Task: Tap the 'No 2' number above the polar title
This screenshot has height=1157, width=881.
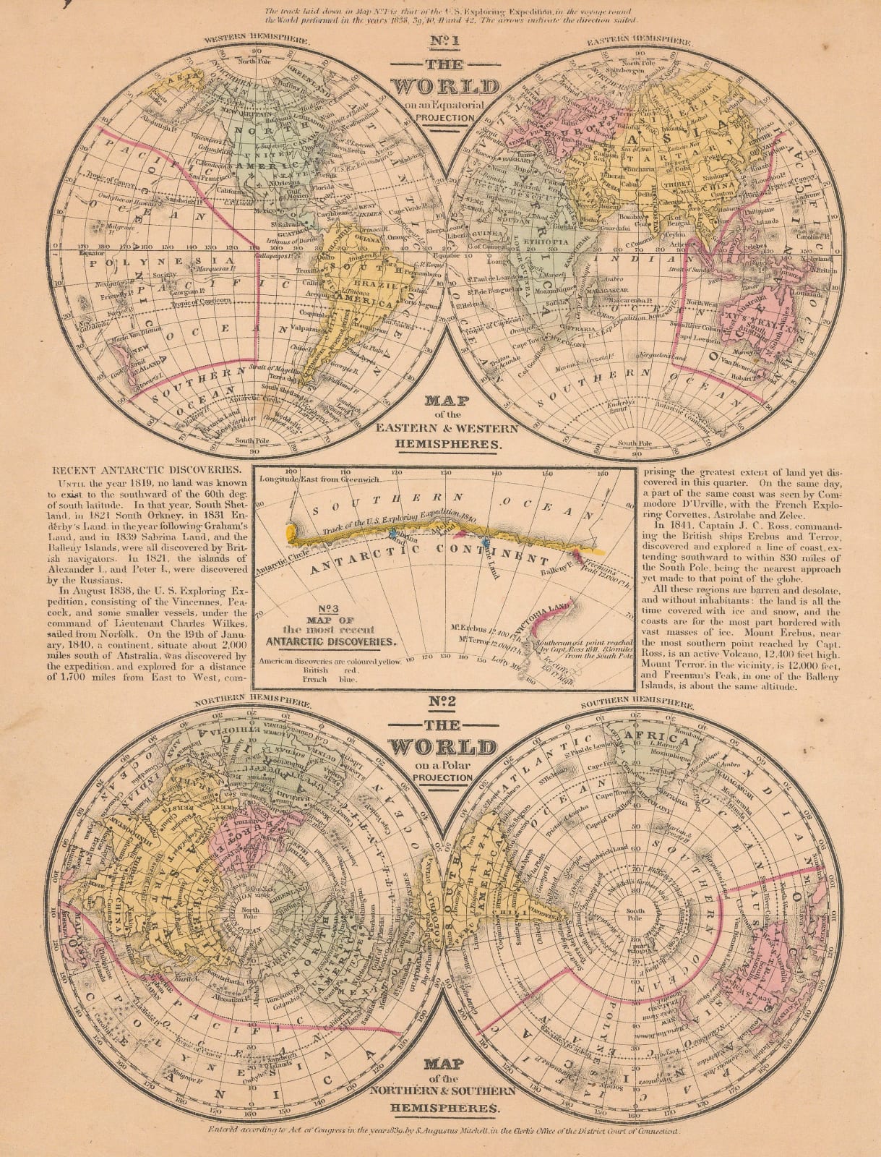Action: [440, 701]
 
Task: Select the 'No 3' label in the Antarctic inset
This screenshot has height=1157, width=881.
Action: [307, 609]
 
